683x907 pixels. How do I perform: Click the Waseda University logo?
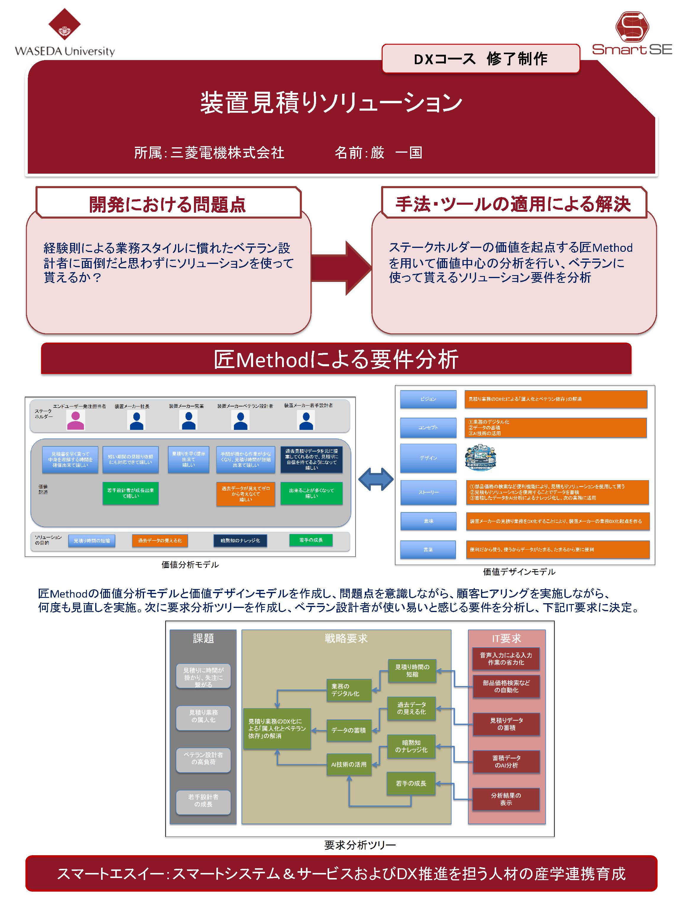[x=64, y=33]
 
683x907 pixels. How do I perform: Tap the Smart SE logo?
[x=631, y=33]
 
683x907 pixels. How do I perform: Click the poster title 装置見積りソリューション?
[x=331, y=103]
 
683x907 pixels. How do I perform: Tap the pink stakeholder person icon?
[x=75, y=420]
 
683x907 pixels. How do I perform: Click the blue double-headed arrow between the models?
[x=376, y=479]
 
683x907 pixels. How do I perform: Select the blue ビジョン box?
[x=428, y=399]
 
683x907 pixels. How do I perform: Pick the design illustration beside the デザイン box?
[x=480, y=458]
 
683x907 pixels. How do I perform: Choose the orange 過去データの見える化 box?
[x=160, y=540]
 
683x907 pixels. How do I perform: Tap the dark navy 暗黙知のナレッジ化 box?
[x=240, y=540]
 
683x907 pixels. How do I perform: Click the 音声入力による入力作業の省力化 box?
[x=506, y=659]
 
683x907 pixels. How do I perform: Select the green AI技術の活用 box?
[x=349, y=764]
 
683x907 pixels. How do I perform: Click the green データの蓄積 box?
[x=349, y=730]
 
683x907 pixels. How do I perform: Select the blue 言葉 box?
[x=428, y=549]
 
